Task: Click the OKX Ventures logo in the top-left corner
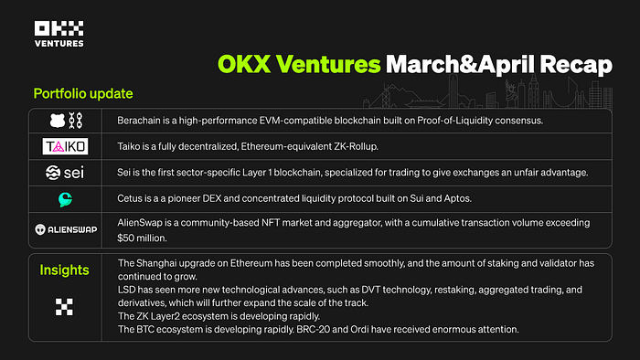[x=59, y=34]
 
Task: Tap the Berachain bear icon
[x=58, y=121]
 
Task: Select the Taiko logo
[x=65, y=146]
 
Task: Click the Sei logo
[x=65, y=173]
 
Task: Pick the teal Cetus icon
[x=65, y=199]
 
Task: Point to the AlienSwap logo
[x=66, y=229]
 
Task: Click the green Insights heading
[x=65, y=270]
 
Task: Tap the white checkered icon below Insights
[x=64, y=307]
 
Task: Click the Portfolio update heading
[x=83, y=94]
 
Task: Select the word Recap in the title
[x=575, y=65]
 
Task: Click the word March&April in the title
[x=460, y=65]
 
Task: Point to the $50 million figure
[x=141, y=238]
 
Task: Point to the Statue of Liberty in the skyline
[x=509, y=93]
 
